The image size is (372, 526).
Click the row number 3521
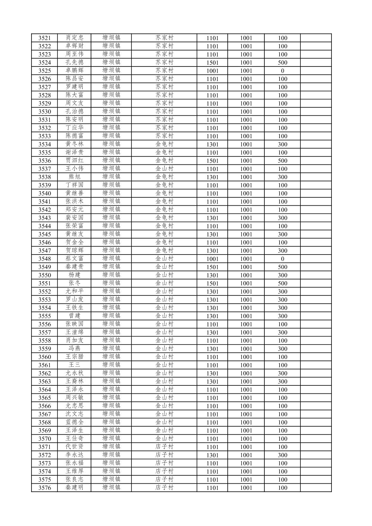click(x=44, y=38)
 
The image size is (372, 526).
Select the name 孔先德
click(x=74, y=62)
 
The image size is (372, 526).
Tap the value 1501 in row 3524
click(x=212, y=63)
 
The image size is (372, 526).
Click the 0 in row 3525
click(x=282, y=71)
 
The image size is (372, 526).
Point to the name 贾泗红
click(x=74, y=160)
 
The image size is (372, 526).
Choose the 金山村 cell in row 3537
click(x=164, y=169)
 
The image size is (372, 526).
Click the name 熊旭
click(x=74, y=177)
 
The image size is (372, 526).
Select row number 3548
click(x=44, y=259)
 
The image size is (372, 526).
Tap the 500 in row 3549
click(x=282, y=267)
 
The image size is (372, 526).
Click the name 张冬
click(x=74, y=283)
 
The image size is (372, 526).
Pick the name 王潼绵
click(x=74, y=332)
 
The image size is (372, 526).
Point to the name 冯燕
click(x=74, y=349)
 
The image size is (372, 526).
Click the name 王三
click(x=74, y=365)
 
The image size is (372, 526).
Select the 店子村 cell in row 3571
click(x=164, y=447)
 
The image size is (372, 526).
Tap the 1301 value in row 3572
click(x=212, y=455)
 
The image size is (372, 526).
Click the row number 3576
click(x=44, y=488)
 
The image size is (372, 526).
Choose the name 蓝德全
click(x=74, y=422)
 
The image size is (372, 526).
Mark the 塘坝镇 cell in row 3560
click(x=111, y=357)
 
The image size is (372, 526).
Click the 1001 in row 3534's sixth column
click(x=246, y=144)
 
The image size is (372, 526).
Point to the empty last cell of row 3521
click(x=316, y=38)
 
